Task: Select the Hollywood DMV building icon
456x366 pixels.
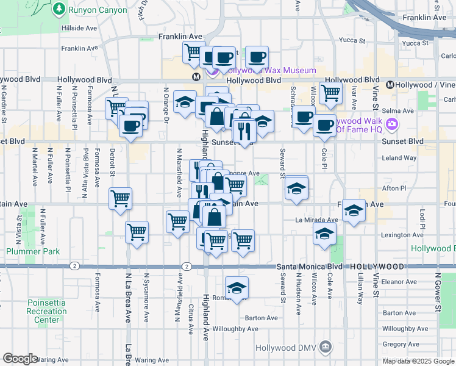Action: [327, 348]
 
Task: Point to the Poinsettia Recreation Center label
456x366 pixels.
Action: [47, 311]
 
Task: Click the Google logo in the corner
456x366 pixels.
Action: [20, 359]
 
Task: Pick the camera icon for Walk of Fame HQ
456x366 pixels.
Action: [391, 124]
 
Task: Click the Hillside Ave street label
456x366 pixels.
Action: [79, 28]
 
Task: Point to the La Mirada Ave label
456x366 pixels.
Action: [316, 220]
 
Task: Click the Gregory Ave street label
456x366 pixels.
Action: [397, 345]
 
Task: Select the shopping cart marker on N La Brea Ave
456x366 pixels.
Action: [137, 232]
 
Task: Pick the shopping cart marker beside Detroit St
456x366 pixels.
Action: [121, 198]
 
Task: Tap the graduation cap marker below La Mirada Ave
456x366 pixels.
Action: [325, 234]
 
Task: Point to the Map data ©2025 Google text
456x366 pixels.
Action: [418, 361]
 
